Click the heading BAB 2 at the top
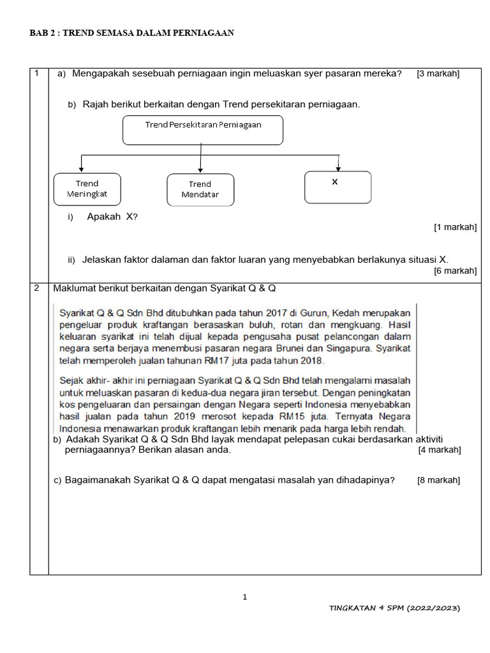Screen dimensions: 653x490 131,33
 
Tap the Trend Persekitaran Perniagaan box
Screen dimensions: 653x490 202,130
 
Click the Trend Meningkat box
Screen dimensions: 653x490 87,189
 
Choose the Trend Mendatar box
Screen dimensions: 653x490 200,190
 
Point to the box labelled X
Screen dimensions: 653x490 338,187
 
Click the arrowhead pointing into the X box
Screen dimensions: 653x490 338,168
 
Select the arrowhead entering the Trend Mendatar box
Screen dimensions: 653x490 200,170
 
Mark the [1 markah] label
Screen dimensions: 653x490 455,227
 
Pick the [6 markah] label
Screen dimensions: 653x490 455,271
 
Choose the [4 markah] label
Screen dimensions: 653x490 440,450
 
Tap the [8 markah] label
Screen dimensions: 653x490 439,480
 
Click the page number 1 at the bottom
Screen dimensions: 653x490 244,597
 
